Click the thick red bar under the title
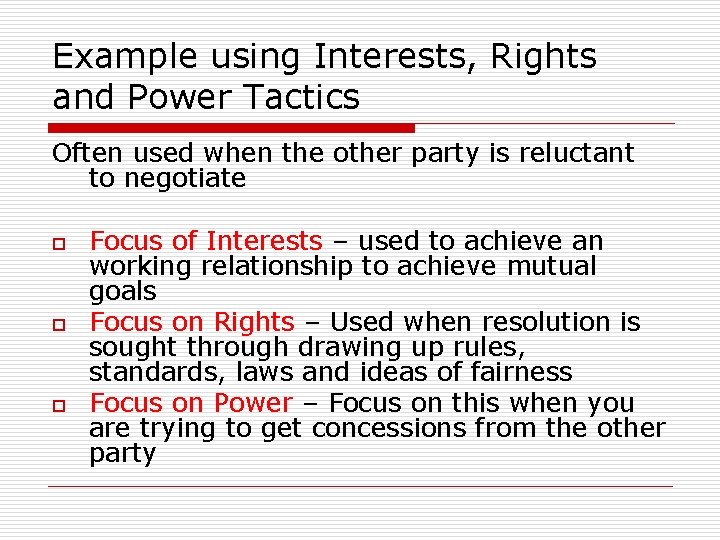(x=232, y=128)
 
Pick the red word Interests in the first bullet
(x=264, y=241)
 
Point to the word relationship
(x=277, y=266)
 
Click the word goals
(x=122, y=292)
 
